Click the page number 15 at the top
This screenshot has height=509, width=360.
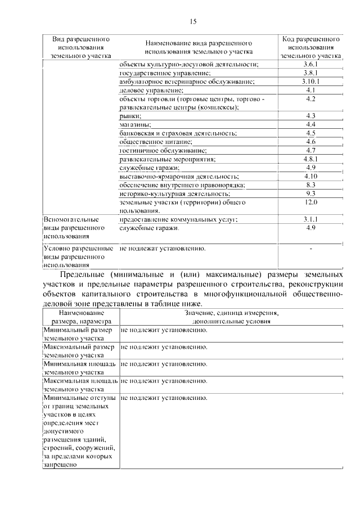pyautogui.click(x=193, y=22)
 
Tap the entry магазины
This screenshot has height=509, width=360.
pyautogui.click(x=136, y=124)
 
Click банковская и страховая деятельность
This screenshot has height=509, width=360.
pyautogui.click(x=178, y=133)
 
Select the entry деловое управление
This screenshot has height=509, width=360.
pyautogui.click(x=151, y=90)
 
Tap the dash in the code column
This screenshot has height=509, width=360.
pyautogui.click(x=310, y=248)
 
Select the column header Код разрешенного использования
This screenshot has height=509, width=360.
pyautogui.click(x=310, y=48)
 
